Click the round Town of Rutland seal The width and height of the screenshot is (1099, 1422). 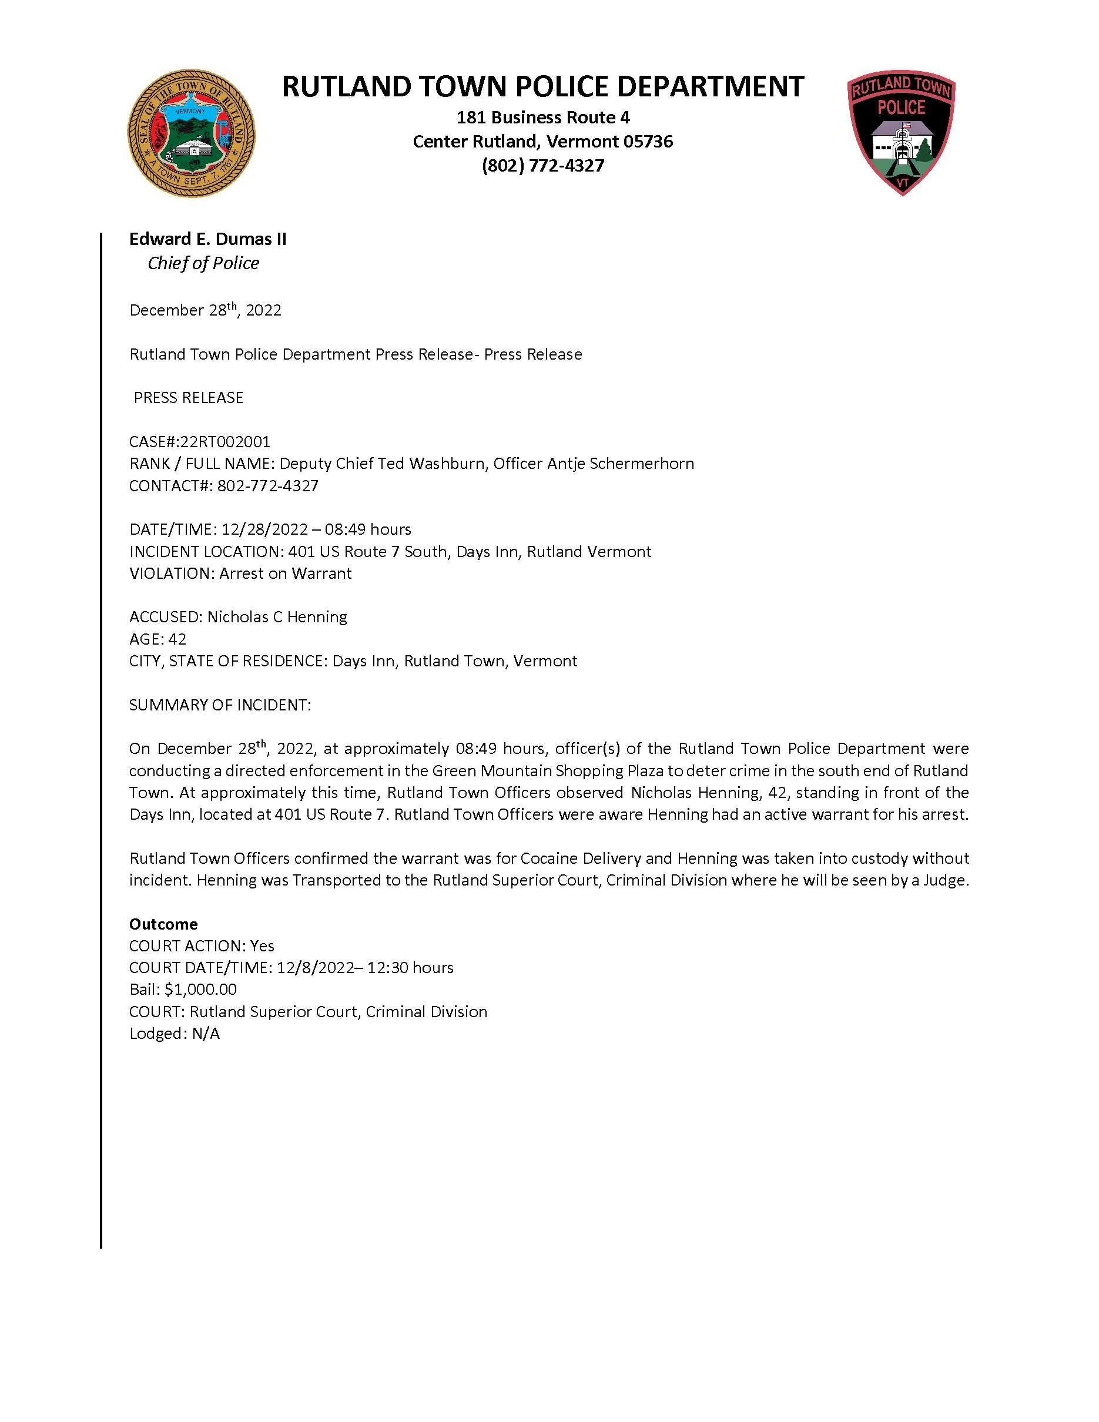[x=191, y=133]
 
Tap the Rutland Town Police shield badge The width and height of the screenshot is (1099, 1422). [x=901, y=132]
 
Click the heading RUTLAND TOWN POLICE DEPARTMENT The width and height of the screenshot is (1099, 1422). [x=542, y=86]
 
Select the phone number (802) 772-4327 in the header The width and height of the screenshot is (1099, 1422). [x=542, y=165]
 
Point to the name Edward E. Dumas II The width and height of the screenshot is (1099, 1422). [x=207, y=239]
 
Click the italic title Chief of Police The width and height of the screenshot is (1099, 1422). [x=203, y=263]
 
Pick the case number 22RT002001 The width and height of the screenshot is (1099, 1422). [x=225, y=441]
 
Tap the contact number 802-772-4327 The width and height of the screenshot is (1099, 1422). [x=267, y=486]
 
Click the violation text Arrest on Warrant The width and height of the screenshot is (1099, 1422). [x=285, y=574]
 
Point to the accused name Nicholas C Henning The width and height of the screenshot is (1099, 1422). [x=277, y=616]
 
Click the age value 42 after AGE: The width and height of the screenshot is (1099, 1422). [x=177, y=639]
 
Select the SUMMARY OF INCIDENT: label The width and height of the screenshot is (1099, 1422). [x=220, y=705]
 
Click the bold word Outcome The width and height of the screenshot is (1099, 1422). [x=163, y=924]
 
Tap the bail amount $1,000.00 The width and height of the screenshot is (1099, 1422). [x=200, y=990]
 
